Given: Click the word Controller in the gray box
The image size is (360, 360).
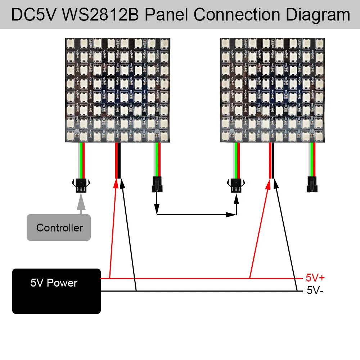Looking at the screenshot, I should [59, 228].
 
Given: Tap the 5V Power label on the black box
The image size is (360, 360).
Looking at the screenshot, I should [54, 283].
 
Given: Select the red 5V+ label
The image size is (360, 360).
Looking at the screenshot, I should [315, 278].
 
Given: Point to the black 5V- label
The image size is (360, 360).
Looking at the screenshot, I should [315, 290].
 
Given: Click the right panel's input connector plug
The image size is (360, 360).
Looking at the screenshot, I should [236, 186].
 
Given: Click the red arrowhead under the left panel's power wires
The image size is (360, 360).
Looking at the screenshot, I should [116, 183].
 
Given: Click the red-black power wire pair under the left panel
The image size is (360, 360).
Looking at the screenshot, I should [118, 160].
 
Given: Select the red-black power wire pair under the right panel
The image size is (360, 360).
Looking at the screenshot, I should [271, 160].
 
